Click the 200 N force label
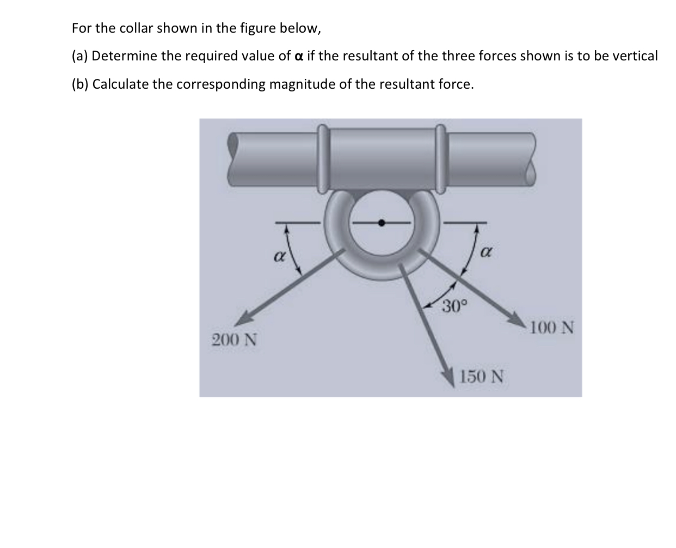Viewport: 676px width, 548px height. coord(234,340)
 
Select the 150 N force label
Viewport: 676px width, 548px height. coord(482,376)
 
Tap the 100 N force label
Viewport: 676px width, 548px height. coord(552,328)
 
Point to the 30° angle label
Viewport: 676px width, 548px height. coord(451,306)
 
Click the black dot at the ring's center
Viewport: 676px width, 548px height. coord(382,222)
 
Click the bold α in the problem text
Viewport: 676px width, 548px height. coord(298,56)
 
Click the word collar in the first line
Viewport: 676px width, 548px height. coord(136,28)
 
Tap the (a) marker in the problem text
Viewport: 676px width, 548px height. coord(80,56)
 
